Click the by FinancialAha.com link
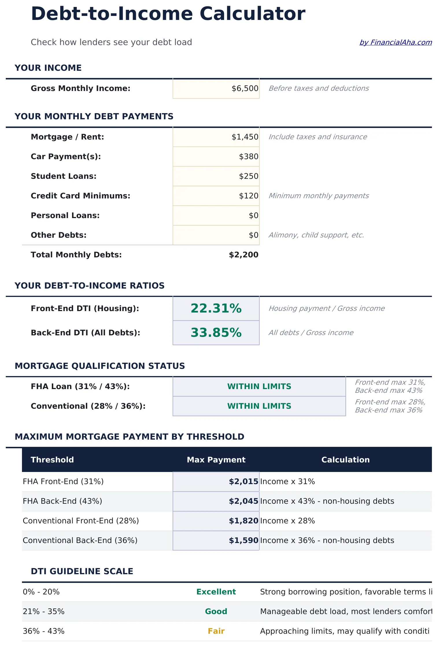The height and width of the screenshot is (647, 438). (396, 42)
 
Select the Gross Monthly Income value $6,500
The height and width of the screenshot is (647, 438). (245, 88)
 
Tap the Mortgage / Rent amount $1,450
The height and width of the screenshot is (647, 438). (245, 137)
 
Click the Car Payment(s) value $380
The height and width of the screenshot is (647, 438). (249, 157)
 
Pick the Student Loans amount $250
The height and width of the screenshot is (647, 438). (249, 176)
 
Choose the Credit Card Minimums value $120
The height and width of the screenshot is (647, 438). (249, 196)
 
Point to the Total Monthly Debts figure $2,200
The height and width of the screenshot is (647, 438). (243, 255)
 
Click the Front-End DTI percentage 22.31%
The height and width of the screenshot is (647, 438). (216, 308)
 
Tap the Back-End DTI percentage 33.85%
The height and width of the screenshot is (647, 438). (216, 333)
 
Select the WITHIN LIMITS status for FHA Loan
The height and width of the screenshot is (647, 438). (259, 386)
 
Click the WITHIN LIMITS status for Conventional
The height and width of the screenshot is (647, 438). (259, 406)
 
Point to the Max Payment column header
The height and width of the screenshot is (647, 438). (216, 460)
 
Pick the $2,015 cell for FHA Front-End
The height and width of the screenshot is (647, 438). (243, 481)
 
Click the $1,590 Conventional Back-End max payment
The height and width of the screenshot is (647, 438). (243, 540)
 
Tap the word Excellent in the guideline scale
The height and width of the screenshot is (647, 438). (216, 592)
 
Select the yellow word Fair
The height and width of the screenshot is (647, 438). (216, 631)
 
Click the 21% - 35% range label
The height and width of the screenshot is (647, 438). (44, 611)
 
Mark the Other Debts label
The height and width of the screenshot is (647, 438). (59, 235)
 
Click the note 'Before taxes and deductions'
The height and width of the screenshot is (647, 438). (319, 88)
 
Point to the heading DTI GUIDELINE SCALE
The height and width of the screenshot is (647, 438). (82, 571)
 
